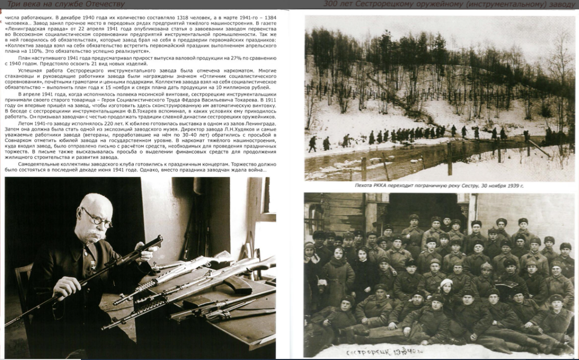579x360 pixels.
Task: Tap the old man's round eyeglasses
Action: [99, 219]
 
